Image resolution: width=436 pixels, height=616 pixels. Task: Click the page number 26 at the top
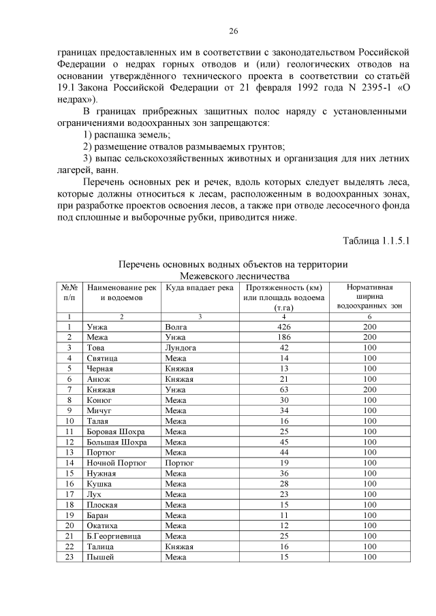click(x=232, y=31)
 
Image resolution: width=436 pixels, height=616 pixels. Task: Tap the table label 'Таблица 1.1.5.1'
click(x=373, y=241)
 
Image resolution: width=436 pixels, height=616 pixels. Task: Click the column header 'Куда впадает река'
click(x=200, y=287)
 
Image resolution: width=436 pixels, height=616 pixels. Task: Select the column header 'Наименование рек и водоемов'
click(x=121, y=292)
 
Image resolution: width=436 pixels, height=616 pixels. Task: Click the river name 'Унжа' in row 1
click(x=97, y=327)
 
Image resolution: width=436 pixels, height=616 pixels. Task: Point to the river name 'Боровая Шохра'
click(x=116, y=432)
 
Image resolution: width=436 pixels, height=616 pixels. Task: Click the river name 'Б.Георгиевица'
click(x=114, y=536)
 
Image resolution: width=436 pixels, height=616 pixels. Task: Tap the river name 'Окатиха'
click(x=102, y=525)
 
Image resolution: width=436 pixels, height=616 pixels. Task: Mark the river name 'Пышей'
click(x=99, y=557)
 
